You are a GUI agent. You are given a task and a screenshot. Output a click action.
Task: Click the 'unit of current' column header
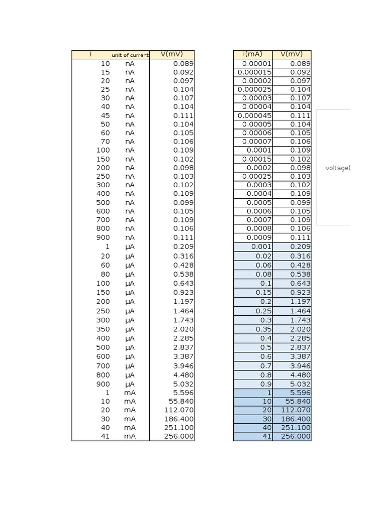[x=130, y=55]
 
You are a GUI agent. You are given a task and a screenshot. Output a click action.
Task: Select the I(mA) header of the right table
[x=252, y=54]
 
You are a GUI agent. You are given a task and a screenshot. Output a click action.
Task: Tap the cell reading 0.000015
[x=254, y=72]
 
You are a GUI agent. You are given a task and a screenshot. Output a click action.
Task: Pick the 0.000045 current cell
[x=254, y=115]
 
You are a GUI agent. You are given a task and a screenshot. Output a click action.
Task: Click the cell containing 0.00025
[x=257, y=176]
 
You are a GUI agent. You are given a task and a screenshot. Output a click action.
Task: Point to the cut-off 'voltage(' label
[x=337, y=168]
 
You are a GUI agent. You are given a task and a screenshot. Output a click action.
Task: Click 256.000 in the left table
[x=178, y=436]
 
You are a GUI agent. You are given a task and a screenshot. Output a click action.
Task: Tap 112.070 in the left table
[x=178, y=410]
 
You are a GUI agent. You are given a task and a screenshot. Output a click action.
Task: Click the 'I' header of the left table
[x=90, y=54]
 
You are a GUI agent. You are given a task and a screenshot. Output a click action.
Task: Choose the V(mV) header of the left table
[x=171, y=54]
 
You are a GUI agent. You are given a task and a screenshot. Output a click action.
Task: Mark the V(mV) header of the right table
[x=292, y=54]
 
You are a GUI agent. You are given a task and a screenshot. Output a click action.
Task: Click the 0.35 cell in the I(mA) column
[x=263, y=329]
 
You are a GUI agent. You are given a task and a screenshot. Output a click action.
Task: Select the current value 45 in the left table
[x=105, y=115]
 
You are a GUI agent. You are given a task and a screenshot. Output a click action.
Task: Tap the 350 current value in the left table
[x=103, y=329]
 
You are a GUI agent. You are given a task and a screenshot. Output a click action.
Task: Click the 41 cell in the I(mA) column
[x=267, y=436]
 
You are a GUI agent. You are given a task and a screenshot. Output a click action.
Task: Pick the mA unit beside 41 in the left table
[x=130, y=436]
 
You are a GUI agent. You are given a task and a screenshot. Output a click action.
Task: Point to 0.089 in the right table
[x=301, y=64]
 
